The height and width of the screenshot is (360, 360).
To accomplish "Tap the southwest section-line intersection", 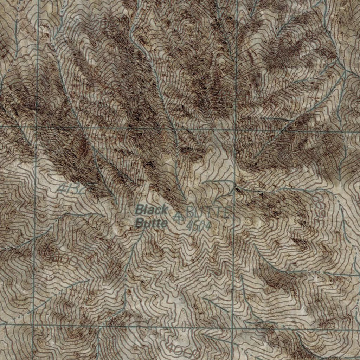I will [34, 325].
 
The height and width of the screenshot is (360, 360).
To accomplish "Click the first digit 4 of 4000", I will [172, 348].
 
